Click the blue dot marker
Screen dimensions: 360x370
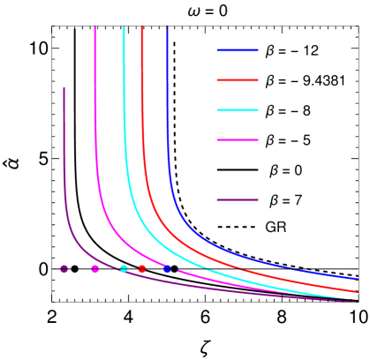(x=167, y=269)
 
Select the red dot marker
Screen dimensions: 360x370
(x=142, y=269)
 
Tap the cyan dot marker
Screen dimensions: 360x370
(x=124, y=269)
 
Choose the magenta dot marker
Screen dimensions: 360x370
(x=95, y=269)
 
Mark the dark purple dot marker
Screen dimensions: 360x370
(x=64, y=269)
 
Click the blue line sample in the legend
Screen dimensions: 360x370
(x=238, y=51)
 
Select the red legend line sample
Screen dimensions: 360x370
(x=238, y=80)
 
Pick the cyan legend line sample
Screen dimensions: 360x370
(x=238, y=110)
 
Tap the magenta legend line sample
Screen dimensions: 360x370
(x=238, y=140)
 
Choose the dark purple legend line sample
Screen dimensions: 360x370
(x=238, y=200)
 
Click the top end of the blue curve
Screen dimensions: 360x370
(x=168, y=28)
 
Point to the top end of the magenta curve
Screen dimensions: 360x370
(x=95, y=28)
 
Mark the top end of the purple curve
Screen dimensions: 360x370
(x=64, y=87)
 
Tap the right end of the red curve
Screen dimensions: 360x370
(x=357, y=291)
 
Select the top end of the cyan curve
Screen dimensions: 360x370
(x=124, y=28)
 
